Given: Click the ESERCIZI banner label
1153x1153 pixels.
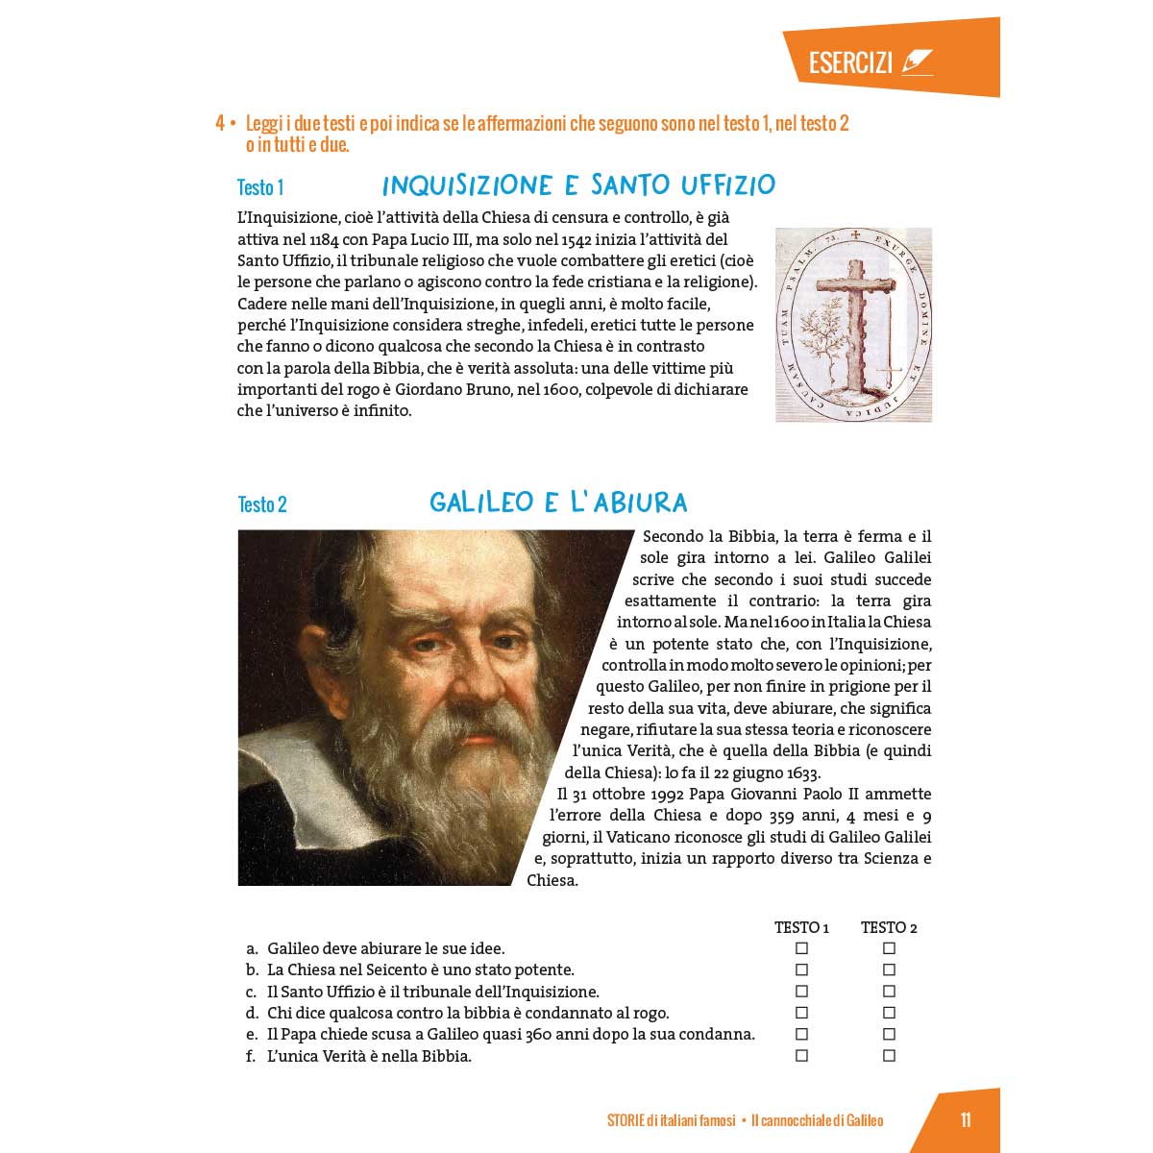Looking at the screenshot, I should click(850, 63).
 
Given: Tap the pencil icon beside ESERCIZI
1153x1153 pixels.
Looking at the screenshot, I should click(917, 62).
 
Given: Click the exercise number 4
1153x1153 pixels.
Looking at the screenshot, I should click(220, 124).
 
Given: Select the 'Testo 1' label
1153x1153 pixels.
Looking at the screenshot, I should click(260, 187).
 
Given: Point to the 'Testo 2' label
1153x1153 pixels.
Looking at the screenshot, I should click(262, 504).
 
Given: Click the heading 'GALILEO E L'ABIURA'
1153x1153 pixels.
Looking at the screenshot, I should click(558, 503).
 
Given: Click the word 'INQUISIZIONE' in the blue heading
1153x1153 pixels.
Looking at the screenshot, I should click(467, 185).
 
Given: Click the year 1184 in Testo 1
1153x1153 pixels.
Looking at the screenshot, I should click(324, 239).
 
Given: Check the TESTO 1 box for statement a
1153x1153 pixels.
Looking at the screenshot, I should click(801, 948).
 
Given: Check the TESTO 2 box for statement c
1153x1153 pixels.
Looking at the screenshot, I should click(889, 992).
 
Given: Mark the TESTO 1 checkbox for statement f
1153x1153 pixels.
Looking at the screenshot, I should click(801, 1056).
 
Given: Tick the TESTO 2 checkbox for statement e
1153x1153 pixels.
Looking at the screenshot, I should click(889, 1035).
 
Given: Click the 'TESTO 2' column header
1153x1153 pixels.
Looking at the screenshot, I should click(889, 927).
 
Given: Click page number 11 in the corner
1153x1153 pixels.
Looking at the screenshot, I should click(966, 1120).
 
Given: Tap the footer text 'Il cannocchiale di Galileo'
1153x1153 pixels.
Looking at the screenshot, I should click(817, 1120).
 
